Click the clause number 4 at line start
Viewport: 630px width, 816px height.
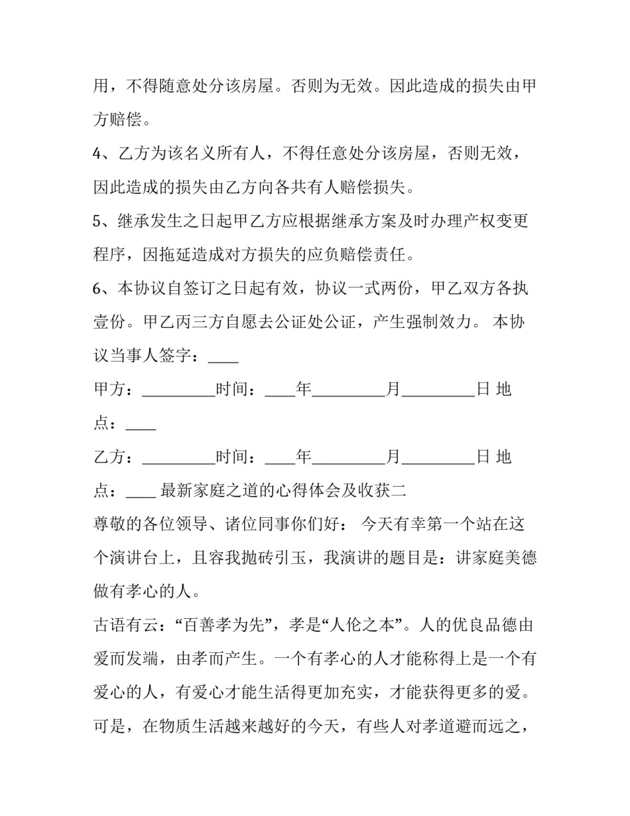tap(98, 154)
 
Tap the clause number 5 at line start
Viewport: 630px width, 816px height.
tap(98, 221)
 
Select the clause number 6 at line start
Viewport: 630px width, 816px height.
tap(98, 289)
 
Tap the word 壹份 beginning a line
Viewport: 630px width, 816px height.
tap(109, 323)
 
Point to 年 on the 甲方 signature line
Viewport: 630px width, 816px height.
tap(303, 390)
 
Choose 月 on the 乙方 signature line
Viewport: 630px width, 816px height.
tap(394, 457)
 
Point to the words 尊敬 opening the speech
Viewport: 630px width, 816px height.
tap(109, 525)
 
